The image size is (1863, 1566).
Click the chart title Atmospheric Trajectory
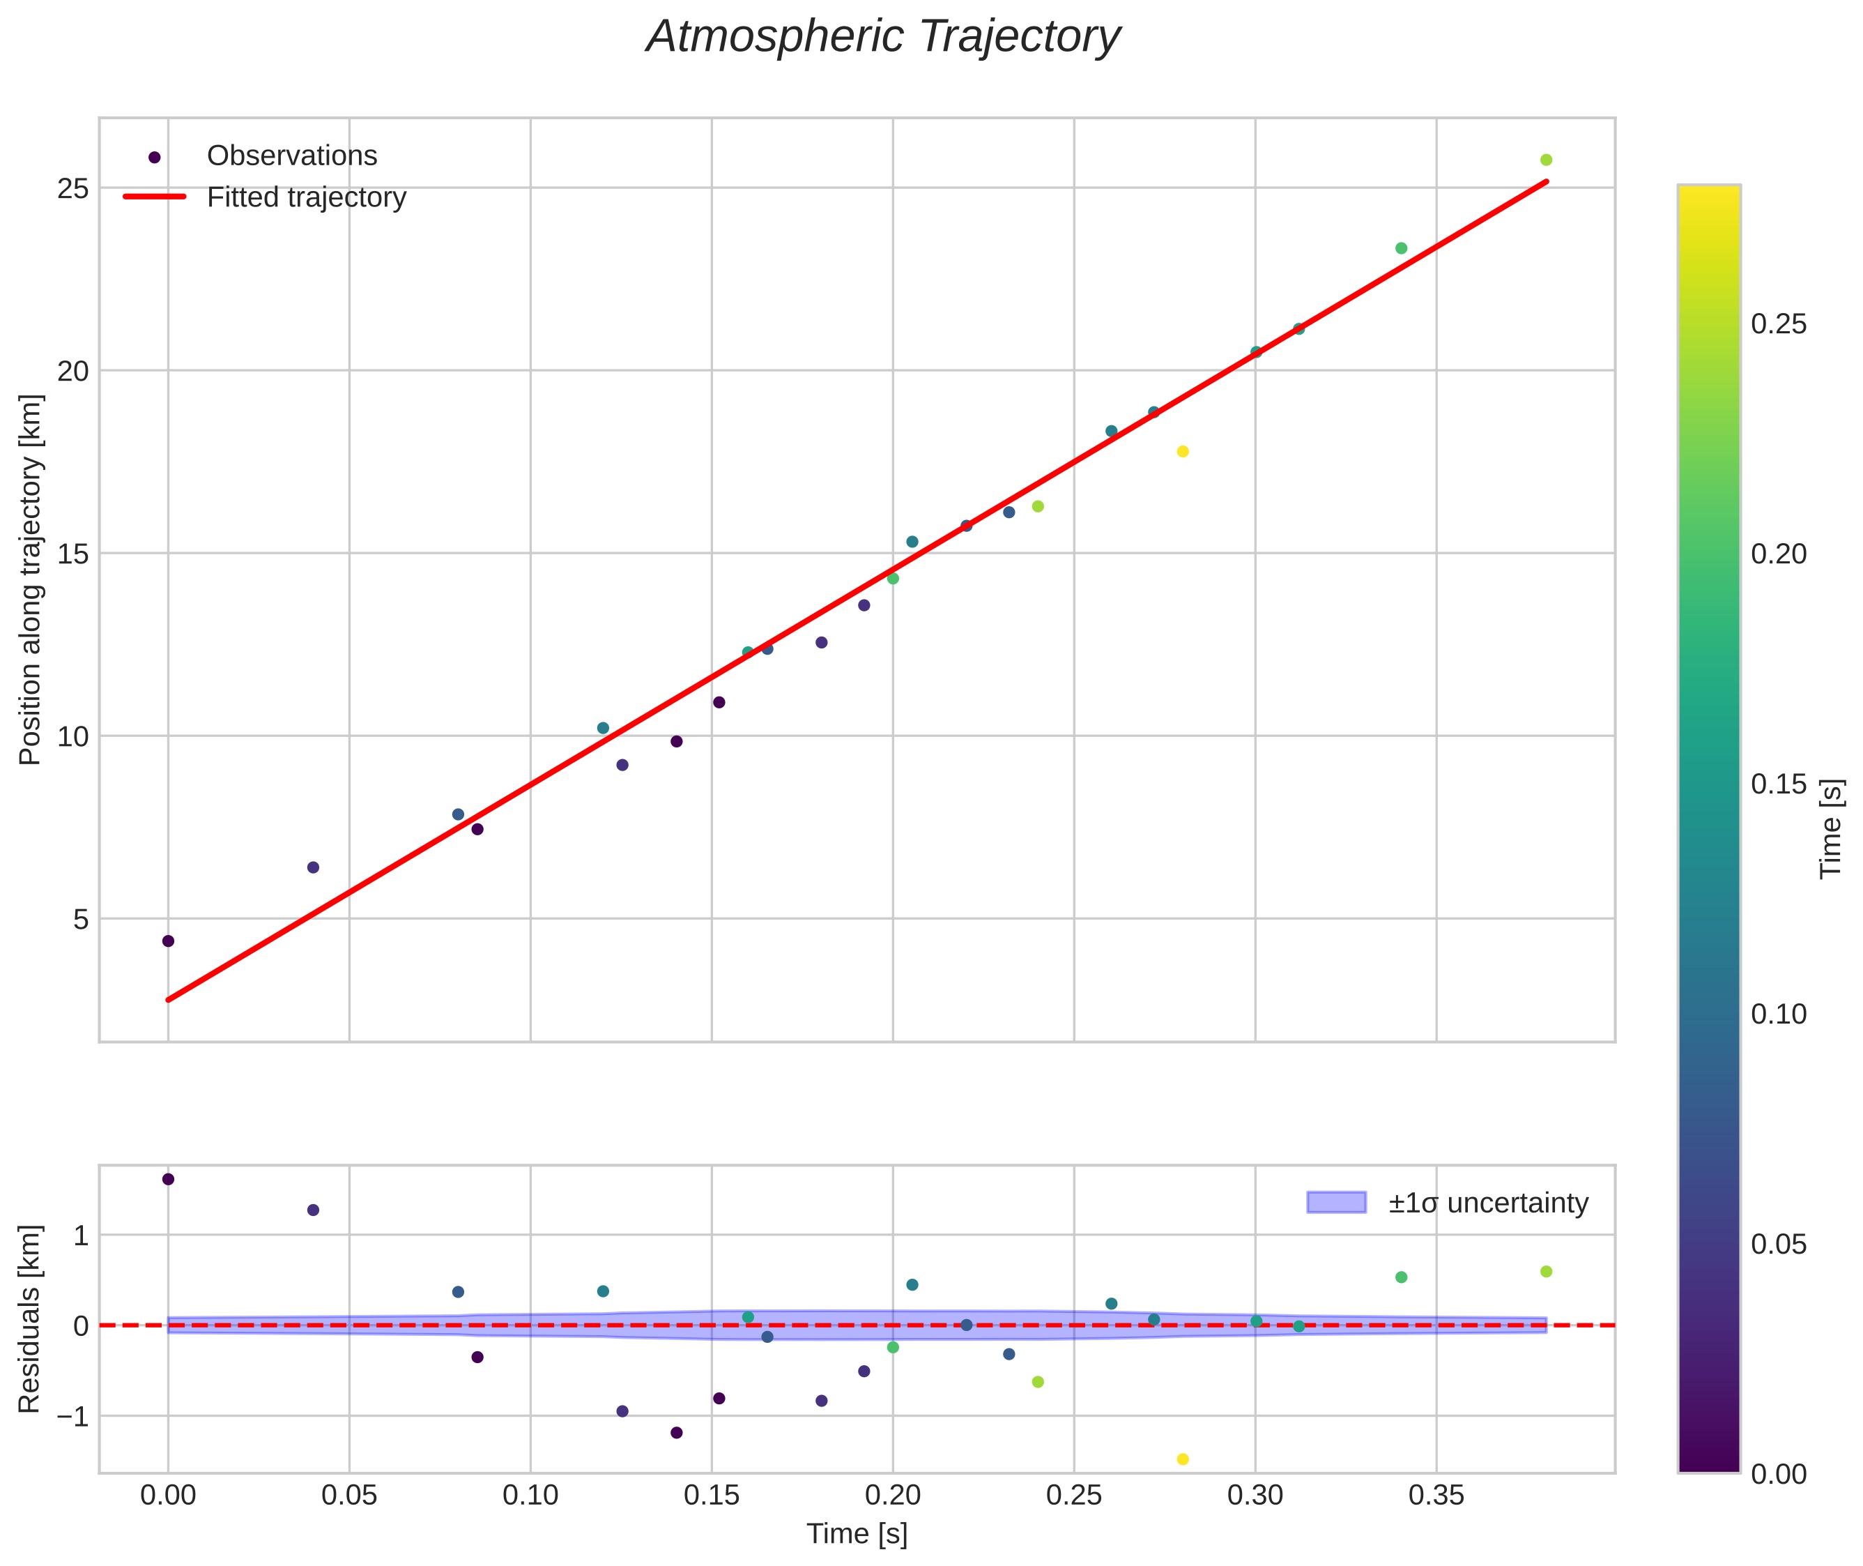pyautogui.click(x=883, y=37)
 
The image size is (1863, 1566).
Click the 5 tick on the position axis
pyautogui.click(x=81, y=919)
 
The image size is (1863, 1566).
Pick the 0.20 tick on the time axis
pyautogui.click(x=893, y=1496)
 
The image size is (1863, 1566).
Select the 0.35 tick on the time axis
pyautogui.click(x=1436, y=1496)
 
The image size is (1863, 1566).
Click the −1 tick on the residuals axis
pyautogui.click(x=70, y=1416)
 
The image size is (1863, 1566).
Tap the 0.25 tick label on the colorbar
pyautogui.click(x=1779, y=324)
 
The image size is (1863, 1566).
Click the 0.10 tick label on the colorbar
pyautogui.click(x=1779, y=1014)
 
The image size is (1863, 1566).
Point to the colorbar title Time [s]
pyautogui.click(x=1831, y=828)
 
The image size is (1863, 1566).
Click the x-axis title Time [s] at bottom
pyautogui.click(x=857, y=1534)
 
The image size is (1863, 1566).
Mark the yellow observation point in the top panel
pyautogui.click(x=1182, y=452)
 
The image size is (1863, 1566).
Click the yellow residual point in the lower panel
pyautogui.click(x=1182, y=1459)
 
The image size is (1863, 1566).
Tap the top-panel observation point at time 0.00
pyautogui.click(x=169, y=941)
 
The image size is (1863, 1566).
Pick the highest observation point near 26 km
pyautogui.click(x=1546, y=160)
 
